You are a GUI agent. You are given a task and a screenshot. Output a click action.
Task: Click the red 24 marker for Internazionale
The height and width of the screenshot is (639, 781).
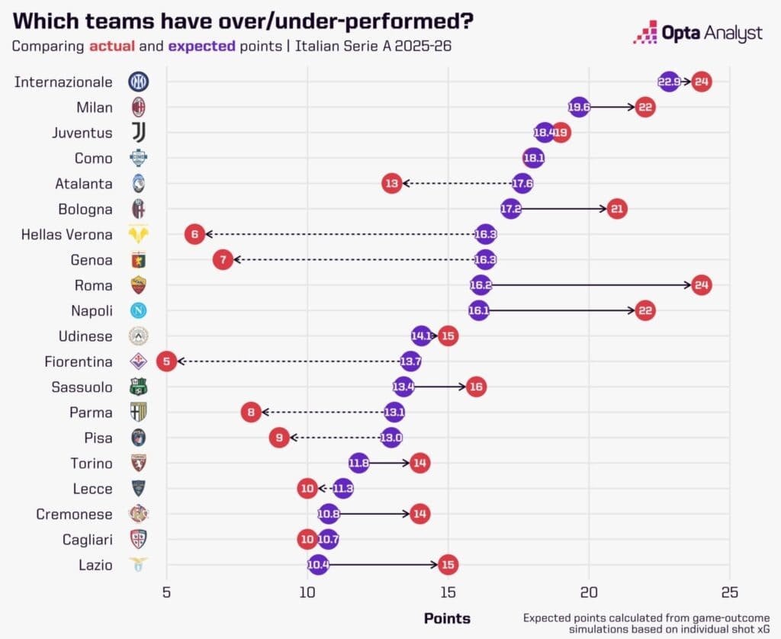pos(702,82)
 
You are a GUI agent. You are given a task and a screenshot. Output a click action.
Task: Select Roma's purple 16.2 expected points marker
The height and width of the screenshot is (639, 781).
pos(480,285)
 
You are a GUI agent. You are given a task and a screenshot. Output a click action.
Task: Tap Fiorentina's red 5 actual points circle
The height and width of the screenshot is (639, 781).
pos(166,361)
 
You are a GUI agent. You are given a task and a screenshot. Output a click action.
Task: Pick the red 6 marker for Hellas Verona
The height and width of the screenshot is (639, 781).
pos(194,234)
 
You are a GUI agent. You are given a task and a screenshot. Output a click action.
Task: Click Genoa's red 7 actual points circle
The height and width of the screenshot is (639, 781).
pos(223,259)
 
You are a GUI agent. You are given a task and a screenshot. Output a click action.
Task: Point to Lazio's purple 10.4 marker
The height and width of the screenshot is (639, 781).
pos(318,564)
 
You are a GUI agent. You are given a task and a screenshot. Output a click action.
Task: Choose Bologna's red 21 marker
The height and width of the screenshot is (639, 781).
pos(617,209)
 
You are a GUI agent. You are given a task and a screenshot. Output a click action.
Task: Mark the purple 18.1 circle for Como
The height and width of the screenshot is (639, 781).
pos(533,158)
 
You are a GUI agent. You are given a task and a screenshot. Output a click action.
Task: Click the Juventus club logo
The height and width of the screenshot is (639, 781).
pos(139,133)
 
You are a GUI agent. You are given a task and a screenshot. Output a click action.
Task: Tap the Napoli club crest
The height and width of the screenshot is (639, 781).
pos(139,310)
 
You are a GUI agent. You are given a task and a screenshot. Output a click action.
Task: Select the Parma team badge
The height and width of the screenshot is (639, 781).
pos(139,412)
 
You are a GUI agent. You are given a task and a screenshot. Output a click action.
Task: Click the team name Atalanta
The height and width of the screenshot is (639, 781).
pos(84,184)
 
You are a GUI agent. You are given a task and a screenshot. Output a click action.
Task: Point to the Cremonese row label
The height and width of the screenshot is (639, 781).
pos(74,514)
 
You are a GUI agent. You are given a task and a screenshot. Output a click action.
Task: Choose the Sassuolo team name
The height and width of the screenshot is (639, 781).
pos(82,387)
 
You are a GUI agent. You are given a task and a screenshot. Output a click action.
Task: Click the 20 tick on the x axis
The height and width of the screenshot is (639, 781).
pos(589,592)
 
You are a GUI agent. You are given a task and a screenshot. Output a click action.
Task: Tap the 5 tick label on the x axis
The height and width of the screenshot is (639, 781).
pos(166,592)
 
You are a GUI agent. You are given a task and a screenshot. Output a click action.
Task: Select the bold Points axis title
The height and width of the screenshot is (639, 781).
pos(447,618)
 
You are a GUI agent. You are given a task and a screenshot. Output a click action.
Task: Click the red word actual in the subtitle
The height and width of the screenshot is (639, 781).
pos(112,46)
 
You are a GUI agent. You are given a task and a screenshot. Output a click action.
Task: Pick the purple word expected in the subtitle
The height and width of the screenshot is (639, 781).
pos(201,47)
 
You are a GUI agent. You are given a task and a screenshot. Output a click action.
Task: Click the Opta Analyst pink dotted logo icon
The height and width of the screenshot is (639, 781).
pos(645,32)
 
